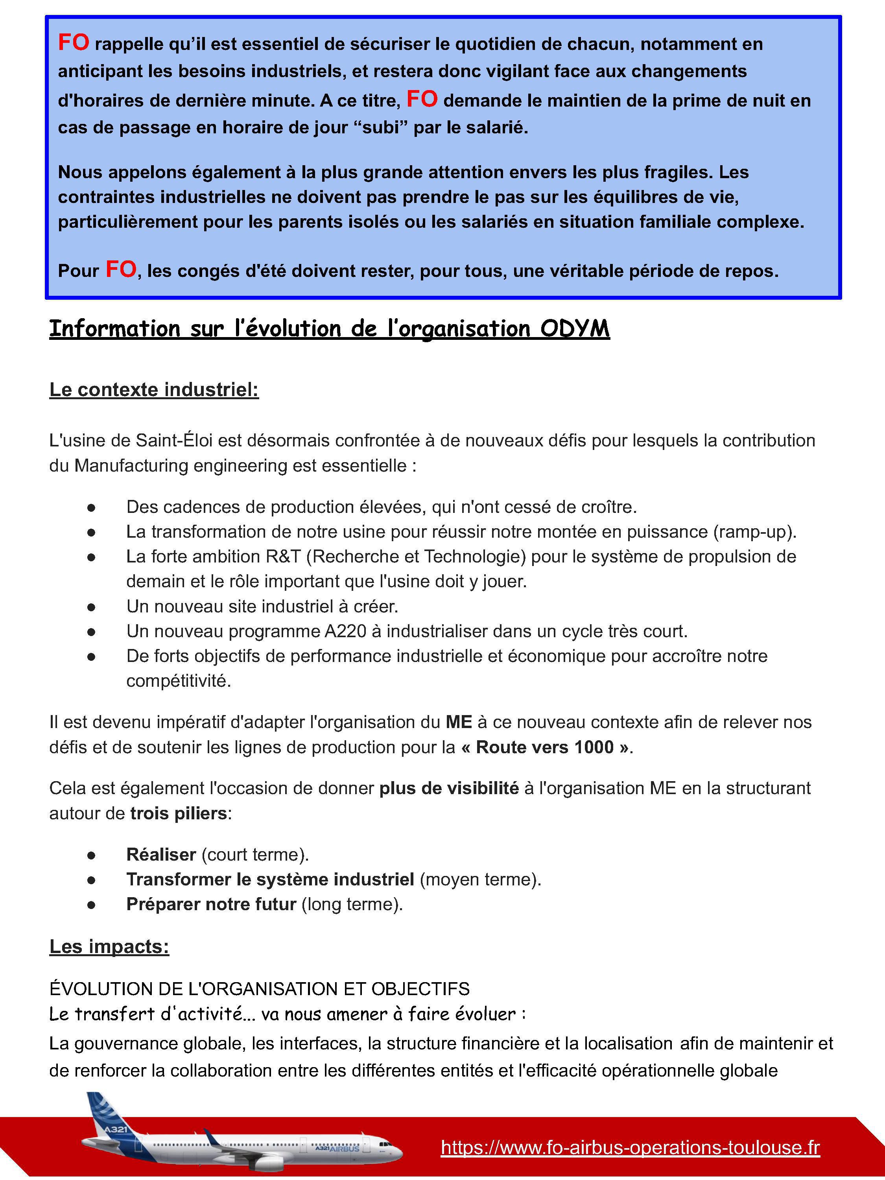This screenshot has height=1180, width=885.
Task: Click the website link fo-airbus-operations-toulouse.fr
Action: click(630, 1147)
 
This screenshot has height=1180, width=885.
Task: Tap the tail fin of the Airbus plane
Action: click(102, 1112)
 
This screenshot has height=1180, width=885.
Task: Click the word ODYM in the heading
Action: click(575, 328)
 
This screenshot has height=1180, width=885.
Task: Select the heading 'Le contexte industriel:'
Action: click(154, 389)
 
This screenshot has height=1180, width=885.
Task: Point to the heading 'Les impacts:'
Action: click(109, 946)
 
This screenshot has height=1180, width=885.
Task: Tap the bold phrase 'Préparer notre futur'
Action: click(211, 904)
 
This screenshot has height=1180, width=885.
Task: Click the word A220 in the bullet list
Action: click(345, 631)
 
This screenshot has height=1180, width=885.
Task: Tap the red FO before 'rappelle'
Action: click(73, 42)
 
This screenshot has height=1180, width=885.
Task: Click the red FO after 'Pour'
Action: click(121, 270)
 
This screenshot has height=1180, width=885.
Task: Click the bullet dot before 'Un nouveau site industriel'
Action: click(91, 607)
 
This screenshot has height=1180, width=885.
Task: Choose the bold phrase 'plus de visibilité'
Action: click(449, 788)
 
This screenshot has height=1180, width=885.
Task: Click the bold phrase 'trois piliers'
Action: click(179, 813)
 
